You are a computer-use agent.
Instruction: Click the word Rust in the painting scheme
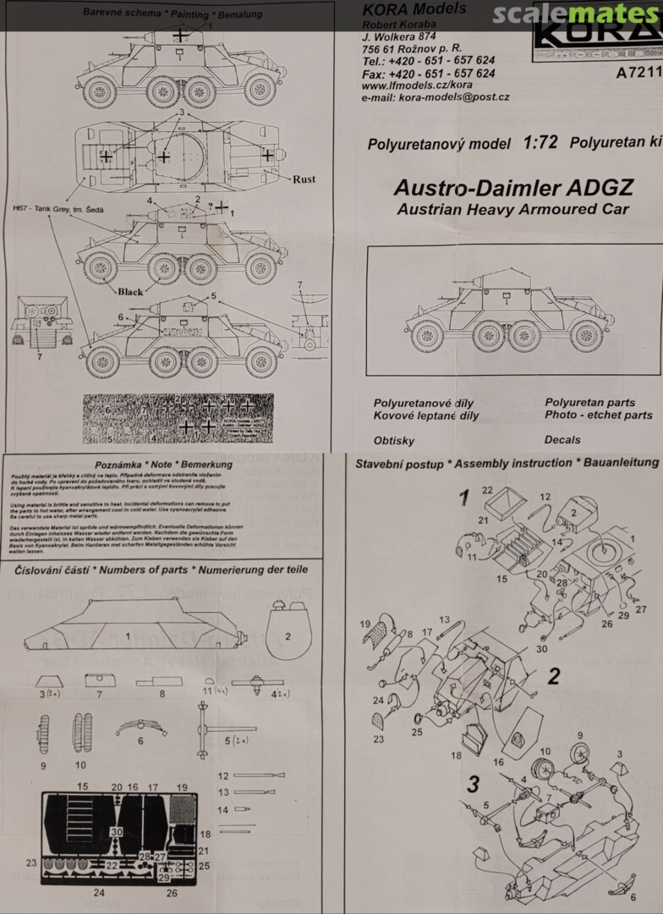click(304, 179)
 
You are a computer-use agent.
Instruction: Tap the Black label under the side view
click(130, 292)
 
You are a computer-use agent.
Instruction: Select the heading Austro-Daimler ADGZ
click(513, 188)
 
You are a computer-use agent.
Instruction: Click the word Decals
click(562, 440)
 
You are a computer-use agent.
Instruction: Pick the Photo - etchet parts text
click(599, 416)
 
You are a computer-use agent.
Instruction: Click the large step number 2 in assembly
click(554, 676)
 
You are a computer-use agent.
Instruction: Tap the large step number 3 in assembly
click(474, 782)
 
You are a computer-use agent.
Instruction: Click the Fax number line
click(428, 74)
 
